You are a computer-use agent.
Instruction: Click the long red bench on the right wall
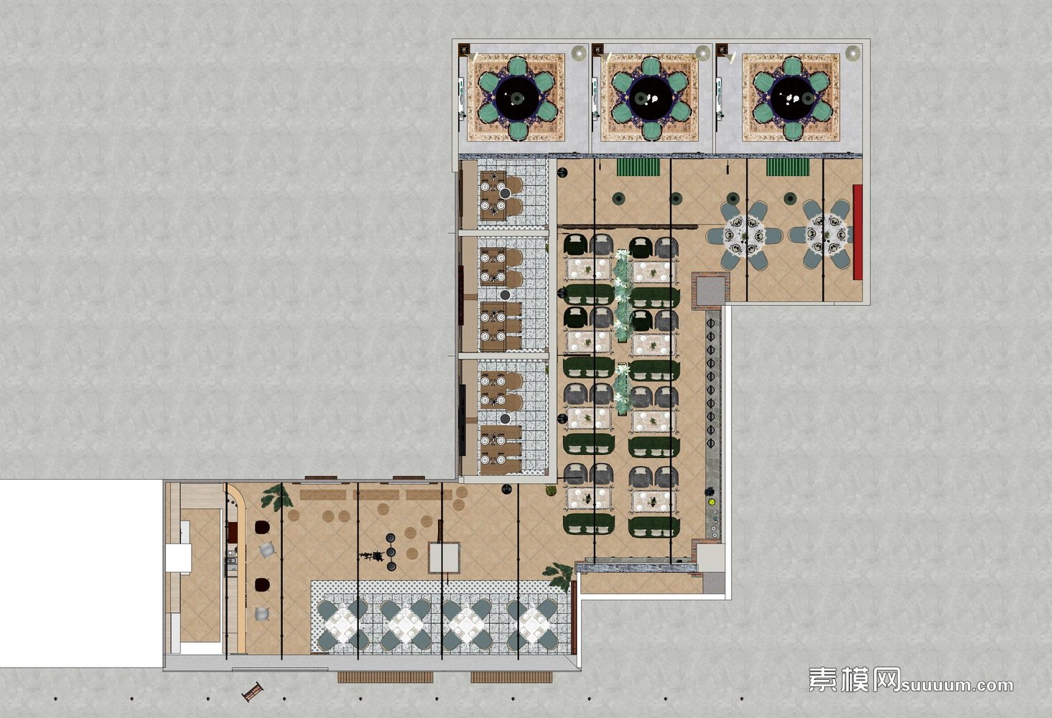[857, 233]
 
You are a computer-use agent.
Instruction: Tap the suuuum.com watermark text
[956, 686]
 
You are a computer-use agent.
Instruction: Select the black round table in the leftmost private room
[516, 98]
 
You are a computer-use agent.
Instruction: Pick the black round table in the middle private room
[650, 98]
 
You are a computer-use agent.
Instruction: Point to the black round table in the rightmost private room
[792, 98]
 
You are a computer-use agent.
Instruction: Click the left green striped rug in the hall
[638, 167]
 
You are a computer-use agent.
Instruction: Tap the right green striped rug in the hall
[788, 167]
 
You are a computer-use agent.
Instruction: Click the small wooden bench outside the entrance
[253, 691]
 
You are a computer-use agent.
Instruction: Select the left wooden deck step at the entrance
[385, 677]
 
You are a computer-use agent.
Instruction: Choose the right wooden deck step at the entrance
[511, 677]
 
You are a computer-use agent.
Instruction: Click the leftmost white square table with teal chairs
[343, 625]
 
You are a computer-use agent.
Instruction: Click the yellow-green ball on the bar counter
[712, 502]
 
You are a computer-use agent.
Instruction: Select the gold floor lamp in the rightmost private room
[853, 53]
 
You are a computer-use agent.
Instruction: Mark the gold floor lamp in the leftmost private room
[579, 53]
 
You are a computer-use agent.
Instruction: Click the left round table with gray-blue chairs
[744, 236]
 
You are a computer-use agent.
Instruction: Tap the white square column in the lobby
[444, 557]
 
